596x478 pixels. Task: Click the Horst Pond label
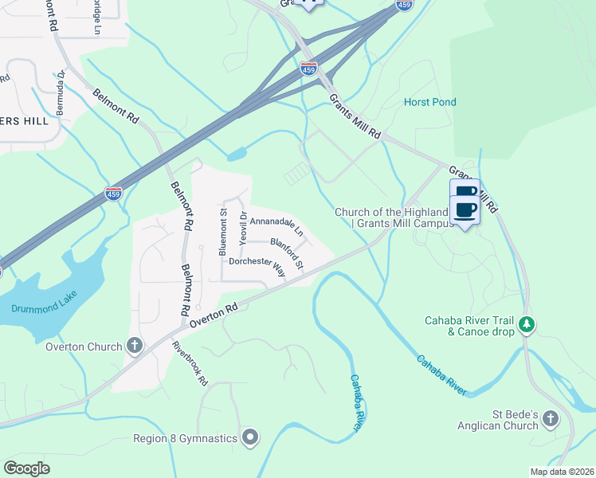click(x=430, y=102)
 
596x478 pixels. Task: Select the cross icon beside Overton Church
click(x=135, y=346)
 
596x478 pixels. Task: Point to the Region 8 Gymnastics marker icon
click(x=250, y=437)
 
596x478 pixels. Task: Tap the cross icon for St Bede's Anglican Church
click(x=551, y=419)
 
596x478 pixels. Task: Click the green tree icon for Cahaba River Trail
click(x=526, y=324)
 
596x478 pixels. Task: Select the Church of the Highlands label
click(x=394, y=217)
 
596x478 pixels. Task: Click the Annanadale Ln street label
click(x=276, y=227)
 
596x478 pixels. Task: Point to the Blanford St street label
click(x=287, y=253)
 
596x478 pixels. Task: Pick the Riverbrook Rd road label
click(x=190, y=364)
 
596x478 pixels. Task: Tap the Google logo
click(x=27, y=468)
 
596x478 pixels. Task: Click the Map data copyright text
click(x=561, y=472)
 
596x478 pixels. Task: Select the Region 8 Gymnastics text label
click(x=186, y=437)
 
